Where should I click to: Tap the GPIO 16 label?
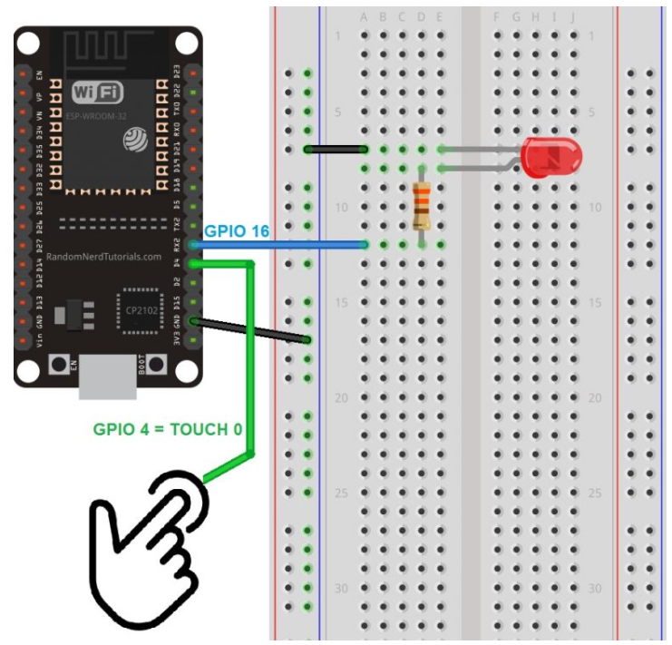tap(236, 232)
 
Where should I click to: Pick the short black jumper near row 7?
tap(336, 149)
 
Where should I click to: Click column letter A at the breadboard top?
tap(365, 17)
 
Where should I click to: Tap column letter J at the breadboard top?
tap(572, 17)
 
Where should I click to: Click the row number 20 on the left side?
tap(341, 397)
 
